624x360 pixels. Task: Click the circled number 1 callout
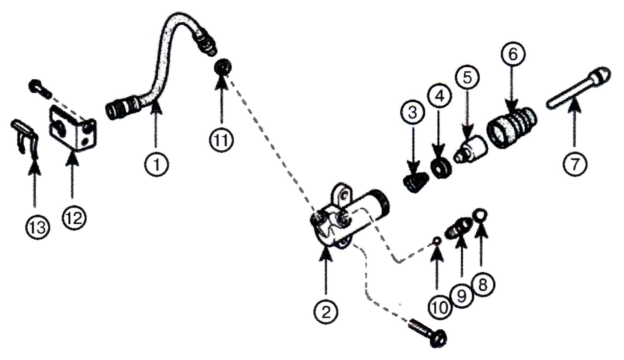coord(156,164)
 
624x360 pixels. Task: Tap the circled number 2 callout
coord(326,312)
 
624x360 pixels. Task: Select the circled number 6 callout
coord(513,54)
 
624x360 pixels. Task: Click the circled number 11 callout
coord(222,140)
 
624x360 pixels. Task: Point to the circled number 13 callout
coord(38,227)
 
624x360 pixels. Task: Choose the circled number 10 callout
coord(440,308)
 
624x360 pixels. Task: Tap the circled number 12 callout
coord(74,218)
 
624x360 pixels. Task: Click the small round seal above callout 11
coord(223,66)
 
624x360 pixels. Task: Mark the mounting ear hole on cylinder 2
coord(344,196)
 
